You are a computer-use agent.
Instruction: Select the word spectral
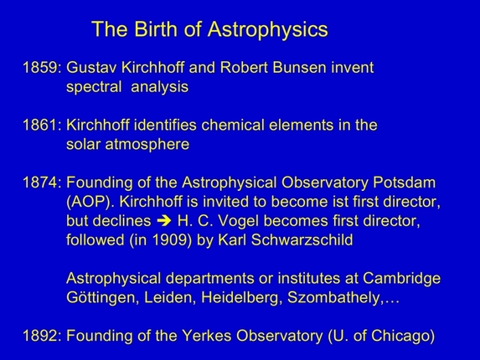[x=95, y=86]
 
